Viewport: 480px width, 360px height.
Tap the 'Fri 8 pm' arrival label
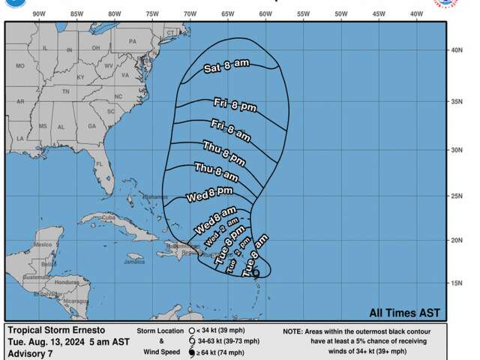coord(235,105)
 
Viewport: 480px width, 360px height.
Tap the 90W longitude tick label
coord(39,14)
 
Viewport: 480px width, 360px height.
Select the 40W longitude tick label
coord(416,14)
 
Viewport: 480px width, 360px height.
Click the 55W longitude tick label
coord(303,14)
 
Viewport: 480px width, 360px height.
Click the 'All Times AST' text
coord(404,313)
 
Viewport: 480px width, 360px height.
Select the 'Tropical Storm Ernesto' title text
coord(56,330)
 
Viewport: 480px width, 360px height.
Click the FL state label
coord(98,163)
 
